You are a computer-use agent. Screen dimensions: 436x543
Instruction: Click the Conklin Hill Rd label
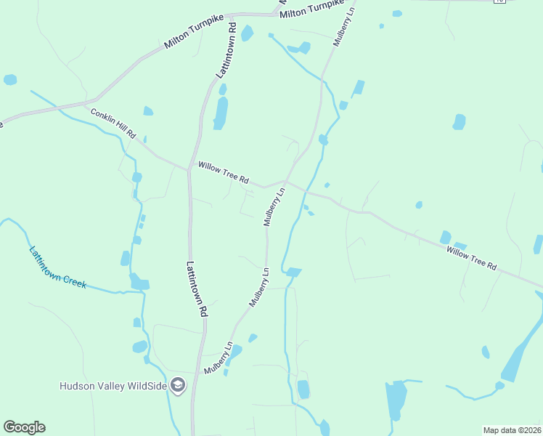113,124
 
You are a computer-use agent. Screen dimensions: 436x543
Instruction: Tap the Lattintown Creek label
57,267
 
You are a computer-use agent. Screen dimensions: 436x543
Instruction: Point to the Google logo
24,427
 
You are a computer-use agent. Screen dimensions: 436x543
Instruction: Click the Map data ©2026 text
512,429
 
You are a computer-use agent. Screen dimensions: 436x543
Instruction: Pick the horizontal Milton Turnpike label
310,9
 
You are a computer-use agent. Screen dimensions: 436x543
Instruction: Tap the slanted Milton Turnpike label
192,34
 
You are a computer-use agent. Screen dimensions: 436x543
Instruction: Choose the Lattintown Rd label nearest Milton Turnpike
227,51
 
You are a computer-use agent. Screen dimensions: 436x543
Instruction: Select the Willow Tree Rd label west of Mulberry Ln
224,171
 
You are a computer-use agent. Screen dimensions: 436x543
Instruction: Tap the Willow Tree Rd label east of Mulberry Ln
471,257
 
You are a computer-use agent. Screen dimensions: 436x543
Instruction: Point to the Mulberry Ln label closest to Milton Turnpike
345,27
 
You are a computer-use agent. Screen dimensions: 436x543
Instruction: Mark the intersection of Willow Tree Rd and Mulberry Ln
285,182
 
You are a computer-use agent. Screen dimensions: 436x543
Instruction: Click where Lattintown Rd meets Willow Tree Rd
189,169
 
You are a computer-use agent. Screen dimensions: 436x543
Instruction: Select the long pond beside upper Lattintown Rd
220,113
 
